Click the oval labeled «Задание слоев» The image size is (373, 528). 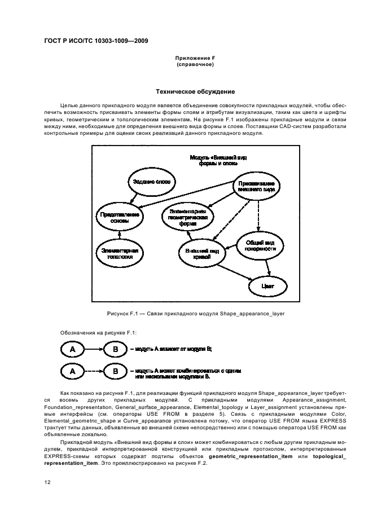pos(151,182)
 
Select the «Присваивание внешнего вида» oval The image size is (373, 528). pos(256,187)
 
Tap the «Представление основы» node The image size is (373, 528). pos(119,218)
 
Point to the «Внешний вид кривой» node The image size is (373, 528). pos(202,252)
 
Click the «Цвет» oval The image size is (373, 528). pos(267,286)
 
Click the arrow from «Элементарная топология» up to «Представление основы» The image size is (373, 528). pos(119,236)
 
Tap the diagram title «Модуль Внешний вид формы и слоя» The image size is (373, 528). pos(222,159)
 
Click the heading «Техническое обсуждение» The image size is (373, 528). pos(186,91)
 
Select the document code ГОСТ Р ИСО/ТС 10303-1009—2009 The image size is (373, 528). pos(96,41)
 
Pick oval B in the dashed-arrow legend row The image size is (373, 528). pos(115,372)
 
